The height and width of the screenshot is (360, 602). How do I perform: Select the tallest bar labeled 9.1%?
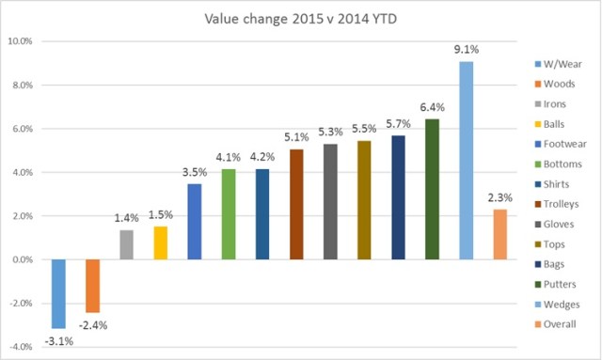466,160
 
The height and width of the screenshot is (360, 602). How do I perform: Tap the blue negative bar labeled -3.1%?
58,294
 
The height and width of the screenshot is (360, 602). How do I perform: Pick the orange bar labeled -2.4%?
92,286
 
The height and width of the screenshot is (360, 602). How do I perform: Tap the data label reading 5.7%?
398,123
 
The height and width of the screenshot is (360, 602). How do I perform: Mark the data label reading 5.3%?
330,132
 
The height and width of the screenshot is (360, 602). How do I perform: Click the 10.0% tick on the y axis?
20,41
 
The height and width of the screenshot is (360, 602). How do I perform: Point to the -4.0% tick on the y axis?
21,347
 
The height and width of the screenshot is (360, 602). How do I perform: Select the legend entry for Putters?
556,284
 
